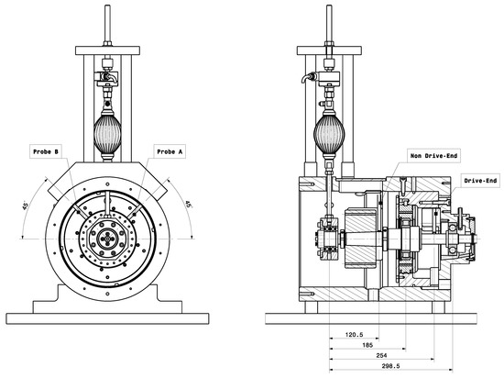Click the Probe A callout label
tap(170, 151)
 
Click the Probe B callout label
tap(46, 151)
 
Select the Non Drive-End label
tap(433, 156)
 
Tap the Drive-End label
tap(480, 181)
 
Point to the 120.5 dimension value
tap(354, 335)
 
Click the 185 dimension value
tap(367, 345)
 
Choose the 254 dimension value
tap(381, 355)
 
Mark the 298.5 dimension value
tap(390, 366)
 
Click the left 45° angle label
tap(26, 205)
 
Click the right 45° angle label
tap(189, 205)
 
